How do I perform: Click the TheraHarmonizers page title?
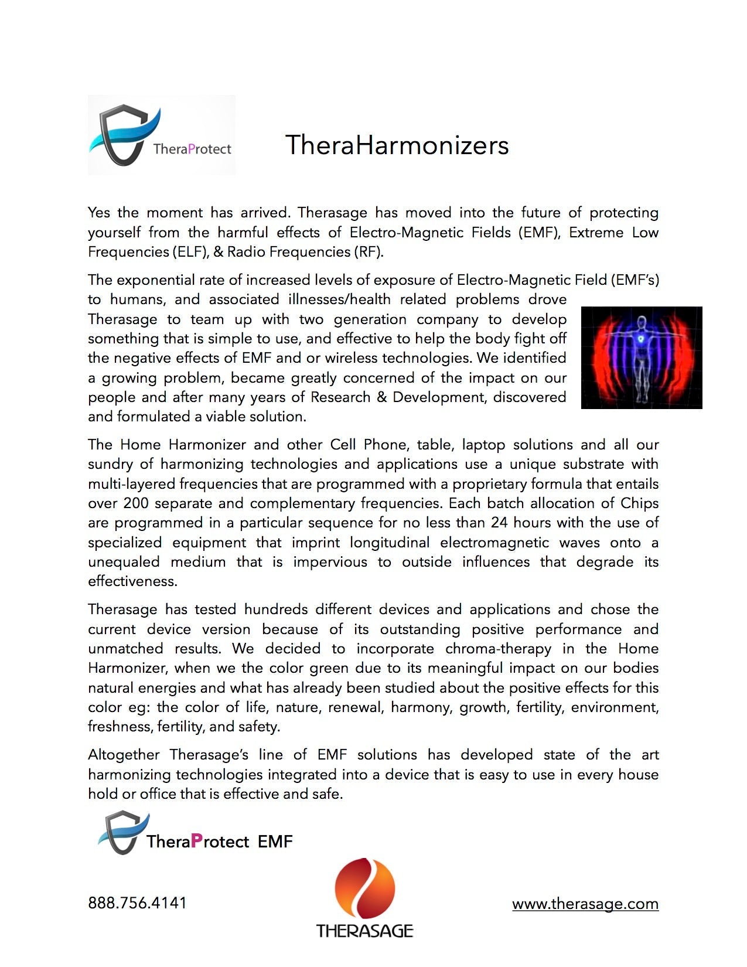coord(397,145)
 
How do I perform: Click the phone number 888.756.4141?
coord(137,903)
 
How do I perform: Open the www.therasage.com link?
coord(585,904)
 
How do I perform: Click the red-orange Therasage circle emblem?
coord(364,888)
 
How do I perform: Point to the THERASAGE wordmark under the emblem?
coord(364,931)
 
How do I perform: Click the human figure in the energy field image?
coord(642,357)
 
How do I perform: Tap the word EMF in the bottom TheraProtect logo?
coord(275,842)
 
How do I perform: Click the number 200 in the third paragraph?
coord(135,503)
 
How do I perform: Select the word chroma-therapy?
coord(498,649)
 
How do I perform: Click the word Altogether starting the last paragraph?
coord(124,755)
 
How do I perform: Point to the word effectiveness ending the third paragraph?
coord(132,581)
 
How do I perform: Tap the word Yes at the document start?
coord(100,213)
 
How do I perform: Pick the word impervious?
coord(330,562)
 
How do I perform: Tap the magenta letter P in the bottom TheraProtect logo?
coord(197,841)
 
